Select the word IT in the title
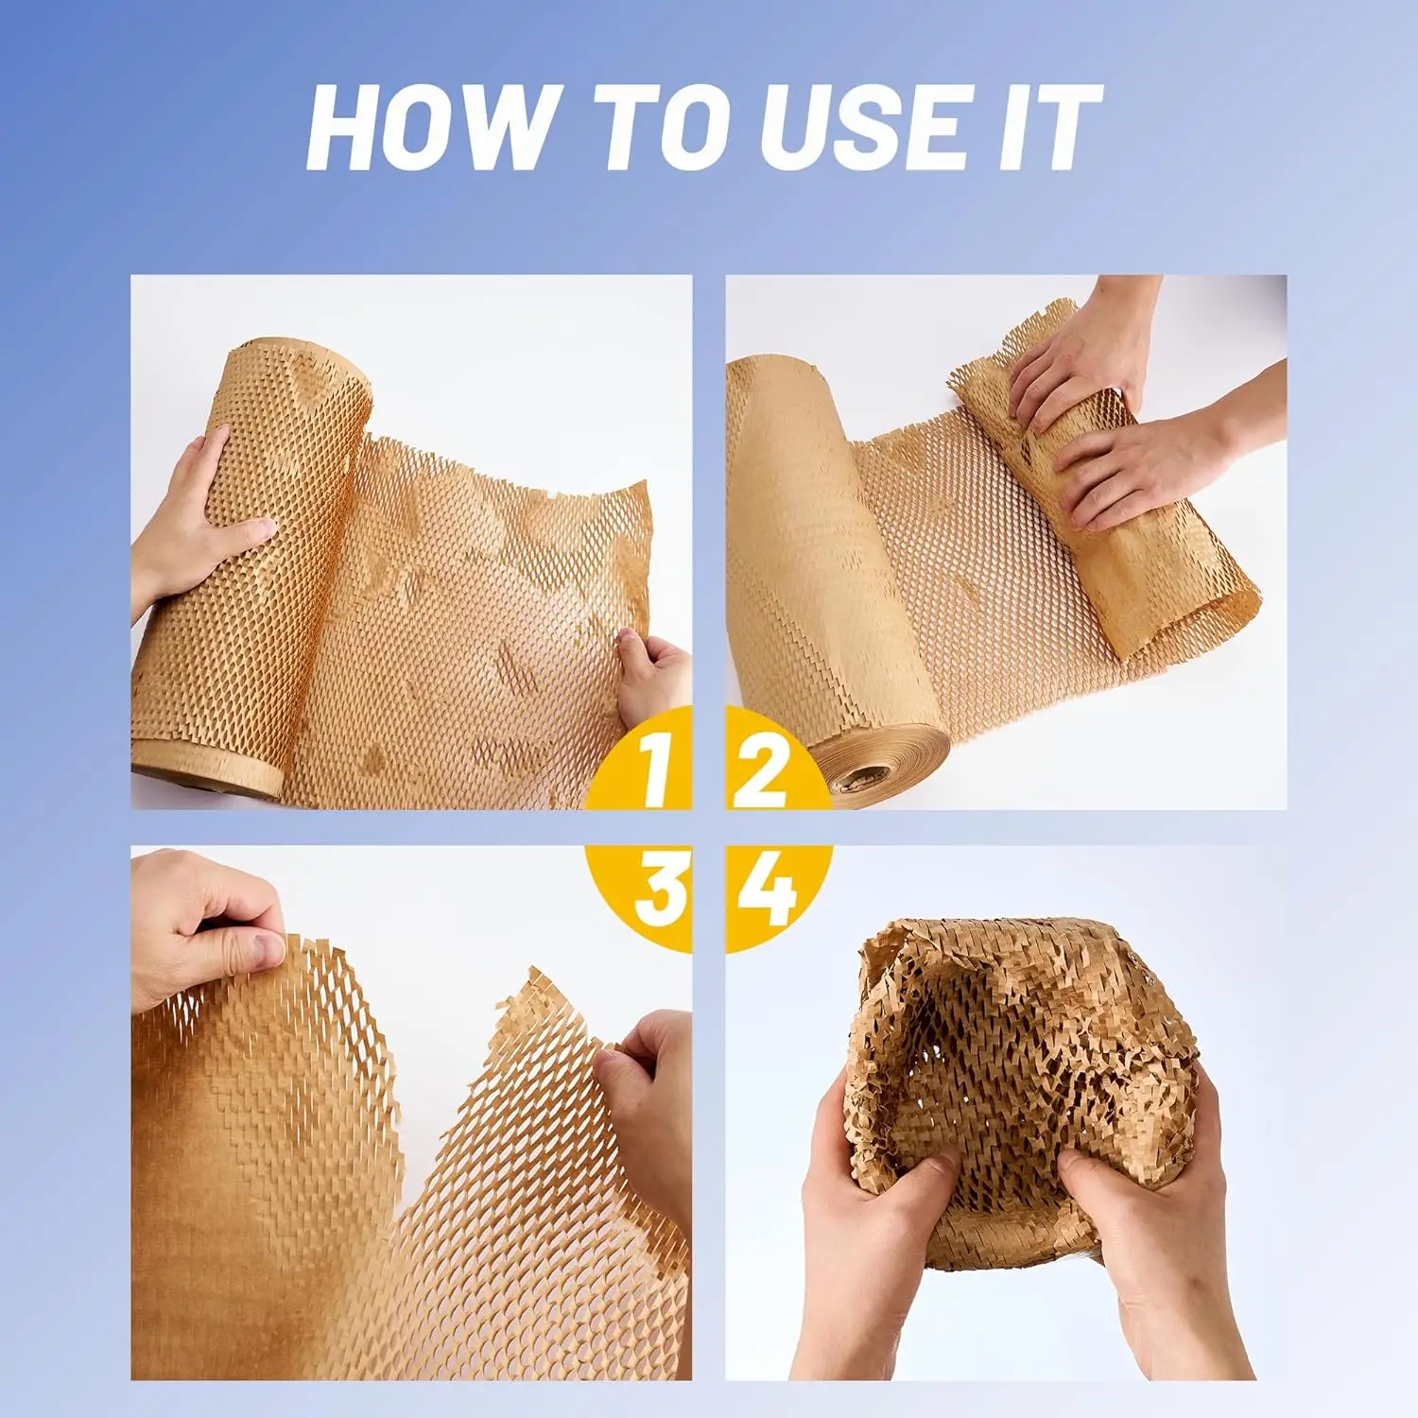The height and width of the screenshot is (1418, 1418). pos(1048,129)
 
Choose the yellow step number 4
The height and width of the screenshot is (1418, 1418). pos(766,891)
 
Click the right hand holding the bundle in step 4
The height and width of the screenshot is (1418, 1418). pos(1153,1219)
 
